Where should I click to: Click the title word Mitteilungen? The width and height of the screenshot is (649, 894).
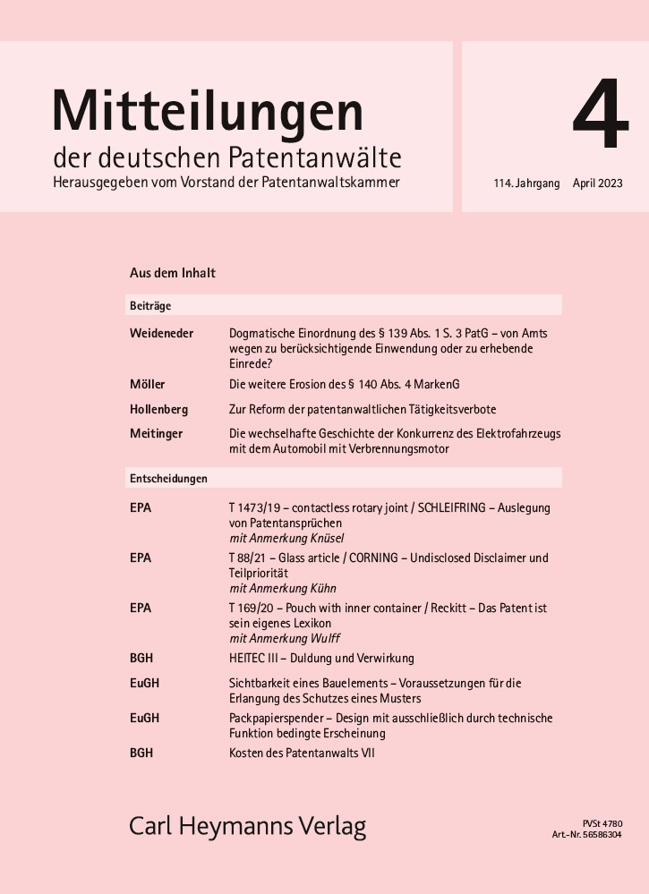point(208,111)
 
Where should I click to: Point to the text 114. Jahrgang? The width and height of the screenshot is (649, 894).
point(526,183)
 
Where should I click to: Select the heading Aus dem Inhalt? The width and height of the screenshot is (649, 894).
point(173,272)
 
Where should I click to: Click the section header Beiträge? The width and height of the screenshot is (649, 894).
point(150,305)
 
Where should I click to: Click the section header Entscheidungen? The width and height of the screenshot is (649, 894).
point(168,479)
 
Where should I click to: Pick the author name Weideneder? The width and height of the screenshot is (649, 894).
point(162,334)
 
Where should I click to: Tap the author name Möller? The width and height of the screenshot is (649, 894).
point(148,384)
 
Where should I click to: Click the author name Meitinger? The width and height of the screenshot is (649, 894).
point(156,434)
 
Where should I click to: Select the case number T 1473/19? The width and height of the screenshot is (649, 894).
point(259,507)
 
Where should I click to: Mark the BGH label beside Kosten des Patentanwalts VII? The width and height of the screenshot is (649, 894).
point(141,753)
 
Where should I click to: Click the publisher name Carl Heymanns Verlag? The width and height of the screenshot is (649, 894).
point(248,825)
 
